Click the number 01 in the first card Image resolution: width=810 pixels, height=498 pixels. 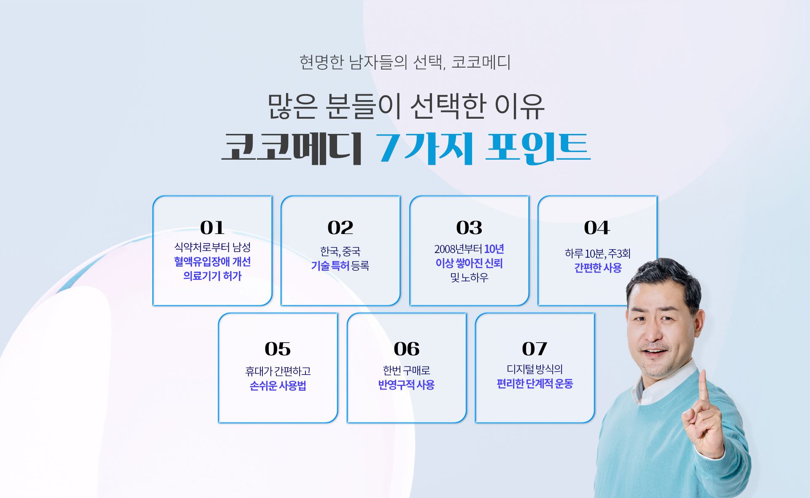coord(212,228)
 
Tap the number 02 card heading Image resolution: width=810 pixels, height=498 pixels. coord(340,228)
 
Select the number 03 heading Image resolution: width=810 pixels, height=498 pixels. coord(469,228)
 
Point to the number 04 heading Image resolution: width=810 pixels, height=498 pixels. coord(597,228)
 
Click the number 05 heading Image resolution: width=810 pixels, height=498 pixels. coord(278,349)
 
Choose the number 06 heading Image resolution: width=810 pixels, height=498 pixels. coord(407,349)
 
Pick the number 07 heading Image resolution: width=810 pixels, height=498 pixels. coord(535,349)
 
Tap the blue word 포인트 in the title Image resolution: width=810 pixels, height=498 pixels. coord(538,148)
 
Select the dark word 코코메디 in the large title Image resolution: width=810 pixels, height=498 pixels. coord(292,148)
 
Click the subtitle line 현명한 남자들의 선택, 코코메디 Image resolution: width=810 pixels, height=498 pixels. coord(405,62)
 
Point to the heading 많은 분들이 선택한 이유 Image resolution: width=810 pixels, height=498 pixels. coord(406,106)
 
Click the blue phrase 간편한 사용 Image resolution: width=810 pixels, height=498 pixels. coord(598,268)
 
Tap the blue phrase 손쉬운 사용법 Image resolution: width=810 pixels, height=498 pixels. coord(278,386)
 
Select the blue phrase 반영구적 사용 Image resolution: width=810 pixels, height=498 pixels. coord(406,385)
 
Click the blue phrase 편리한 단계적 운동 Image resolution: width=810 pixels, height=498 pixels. coord(535,384)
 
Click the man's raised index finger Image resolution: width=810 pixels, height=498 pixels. coord(703,386)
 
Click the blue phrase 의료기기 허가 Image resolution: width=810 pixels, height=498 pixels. coord(212,276)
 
